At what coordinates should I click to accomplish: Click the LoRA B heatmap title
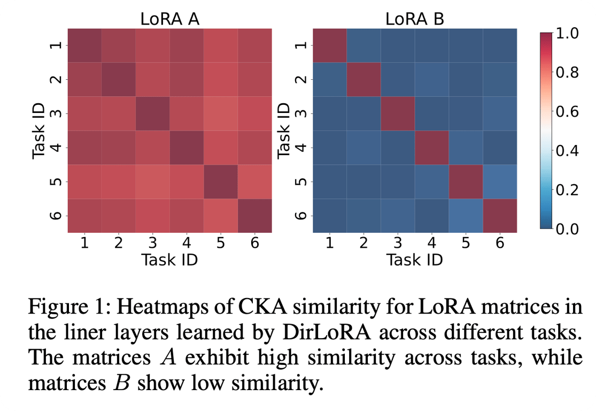point(415,20)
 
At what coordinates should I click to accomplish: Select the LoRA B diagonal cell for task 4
point(432,147)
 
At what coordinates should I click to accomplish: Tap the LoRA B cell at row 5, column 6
point(500,181)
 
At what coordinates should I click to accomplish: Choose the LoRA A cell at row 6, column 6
point(254,215)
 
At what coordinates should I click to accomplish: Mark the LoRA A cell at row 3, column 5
point(220,113)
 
